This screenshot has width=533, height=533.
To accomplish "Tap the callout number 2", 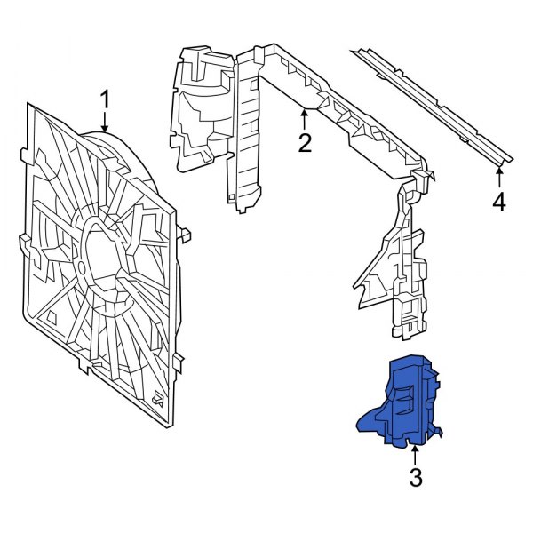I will coord(305,142).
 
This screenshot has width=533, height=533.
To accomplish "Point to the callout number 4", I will coord(498,203).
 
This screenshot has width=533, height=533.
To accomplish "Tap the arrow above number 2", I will coord(305,115).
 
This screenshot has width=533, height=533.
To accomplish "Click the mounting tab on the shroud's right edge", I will coord(187,235).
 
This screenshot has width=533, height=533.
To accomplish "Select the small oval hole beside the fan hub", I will coord(82,266).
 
